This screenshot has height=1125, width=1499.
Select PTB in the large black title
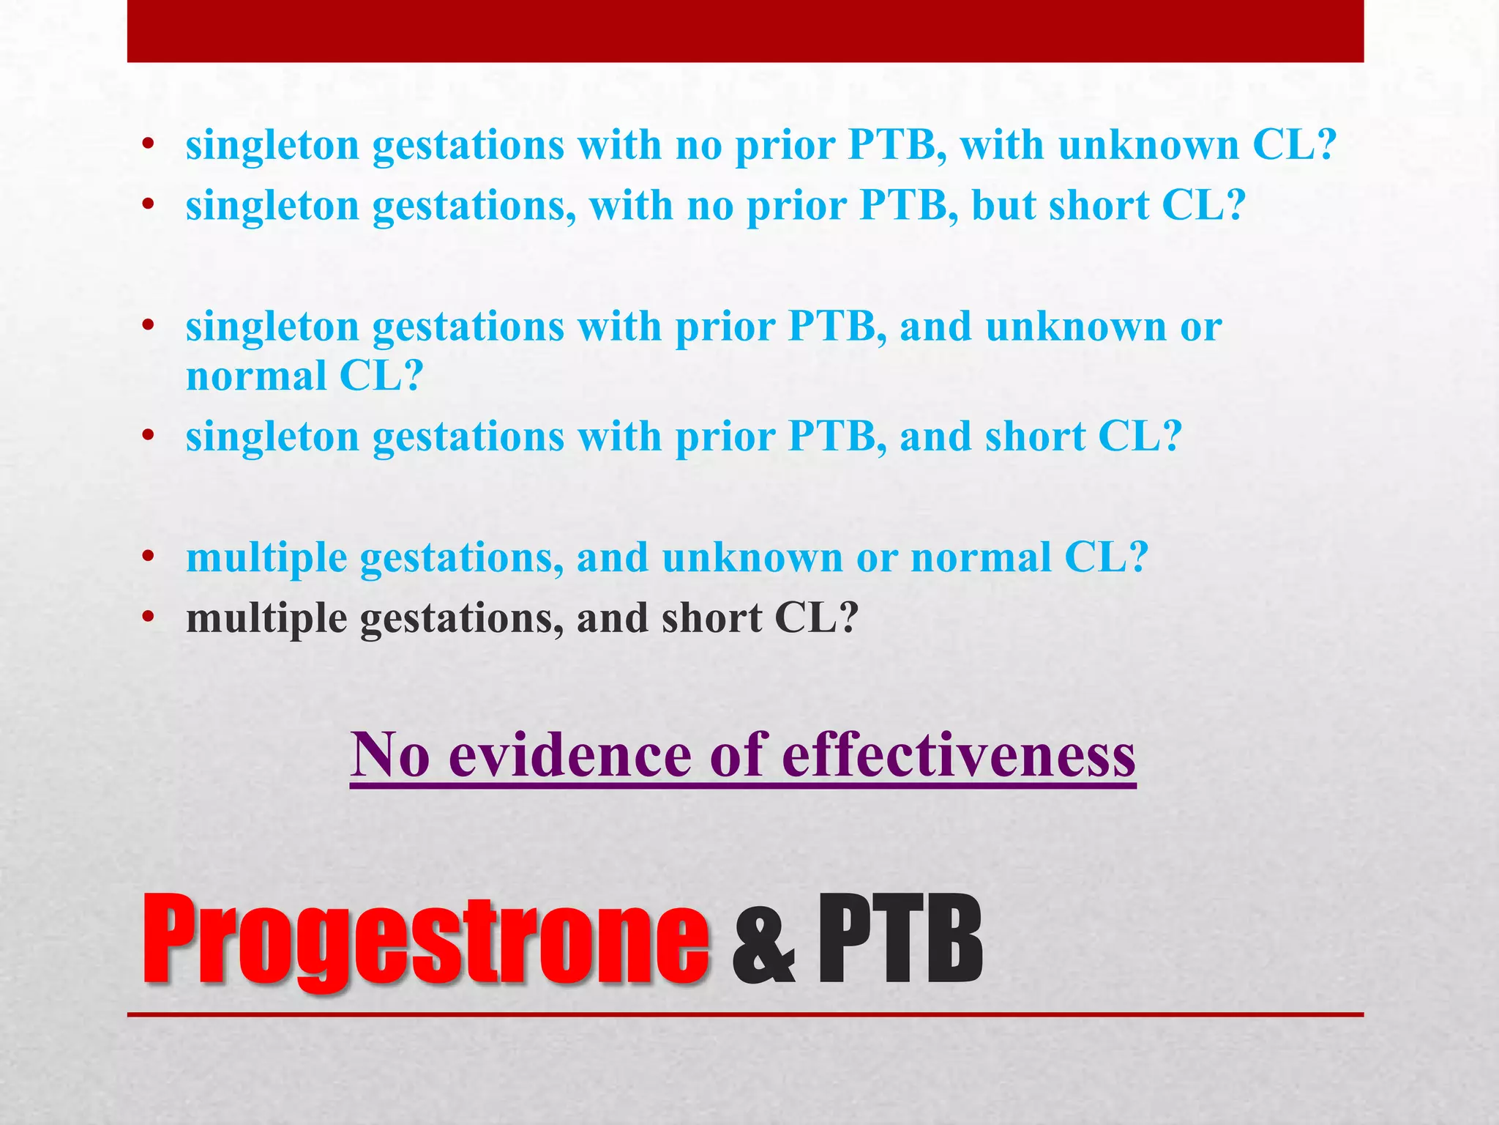click(900, 939)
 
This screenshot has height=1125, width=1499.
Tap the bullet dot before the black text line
click(149, 619)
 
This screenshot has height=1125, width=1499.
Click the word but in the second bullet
click(1003, 205)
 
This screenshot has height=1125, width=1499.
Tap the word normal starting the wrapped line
click(256, 376)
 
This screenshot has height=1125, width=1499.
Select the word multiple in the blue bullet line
click(266, 558)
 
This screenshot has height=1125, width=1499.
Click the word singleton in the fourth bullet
click(272, 437)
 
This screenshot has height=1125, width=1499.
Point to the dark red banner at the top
click(745, 31)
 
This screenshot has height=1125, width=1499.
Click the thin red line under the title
click(745, 1014)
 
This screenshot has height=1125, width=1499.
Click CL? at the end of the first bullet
click(1295, 145)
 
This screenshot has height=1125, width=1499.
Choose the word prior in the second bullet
click(796, 205)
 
